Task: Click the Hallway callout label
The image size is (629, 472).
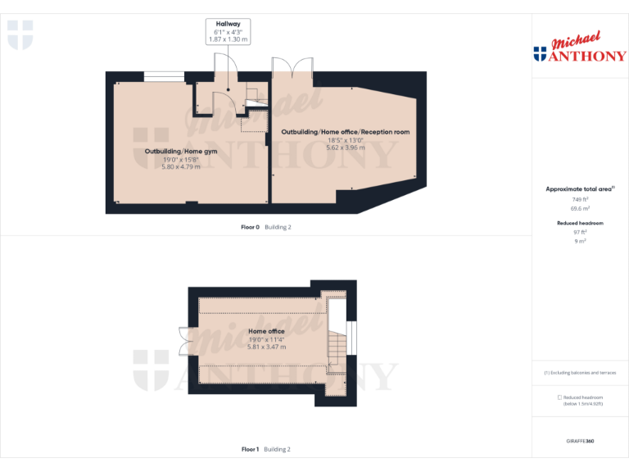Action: tap(228, 25)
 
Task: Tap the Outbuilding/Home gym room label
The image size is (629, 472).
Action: tap(181, 152)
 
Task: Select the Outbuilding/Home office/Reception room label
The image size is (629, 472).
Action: tap(345, 132)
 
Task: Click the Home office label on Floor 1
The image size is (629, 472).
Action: tap(266, 331)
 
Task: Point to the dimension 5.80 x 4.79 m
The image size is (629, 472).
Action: tap(181, 167)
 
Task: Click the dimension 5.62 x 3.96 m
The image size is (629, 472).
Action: tap(345, 147)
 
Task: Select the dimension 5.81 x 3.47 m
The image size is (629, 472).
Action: tap(266, 347)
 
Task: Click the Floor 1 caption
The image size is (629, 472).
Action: tap(250, 449)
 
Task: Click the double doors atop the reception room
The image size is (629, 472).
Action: tap(293, 69)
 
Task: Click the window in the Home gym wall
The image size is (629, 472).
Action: tap(164, 77)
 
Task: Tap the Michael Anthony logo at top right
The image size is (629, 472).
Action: tap(579, 49)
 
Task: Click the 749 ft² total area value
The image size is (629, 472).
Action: tap(580, 199)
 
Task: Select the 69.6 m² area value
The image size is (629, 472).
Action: tap(580, 209)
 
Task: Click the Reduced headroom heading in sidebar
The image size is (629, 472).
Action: tap(580, 223)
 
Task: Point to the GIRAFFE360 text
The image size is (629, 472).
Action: tap(579, 442)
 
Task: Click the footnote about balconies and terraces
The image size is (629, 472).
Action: tap(580, 372)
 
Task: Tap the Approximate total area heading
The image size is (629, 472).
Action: tap(579, 188)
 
